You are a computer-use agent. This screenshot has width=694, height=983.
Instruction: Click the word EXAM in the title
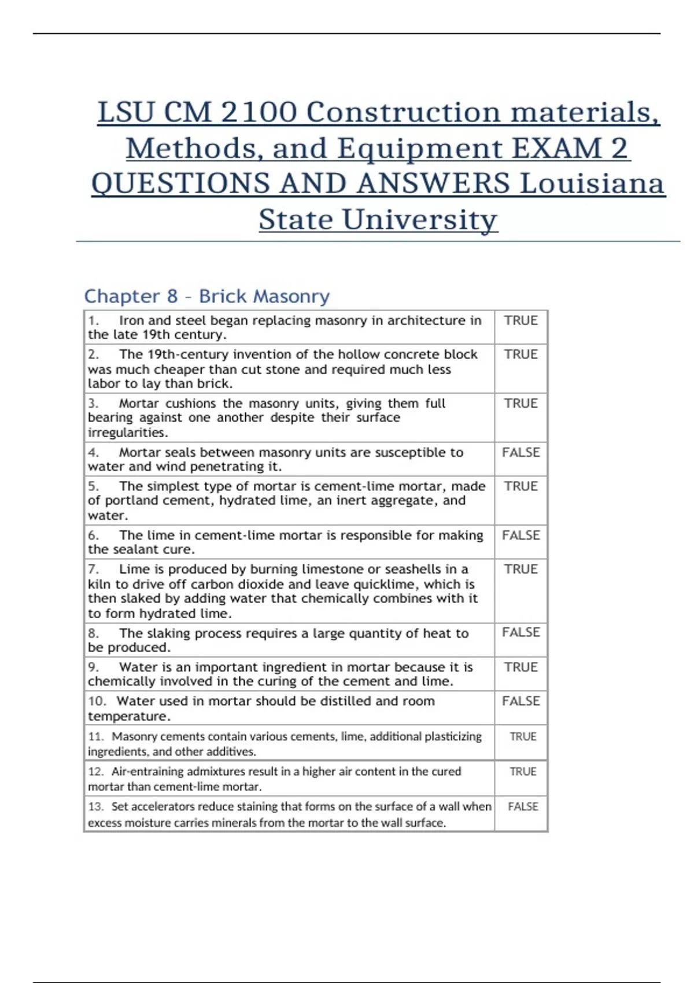[557, 148]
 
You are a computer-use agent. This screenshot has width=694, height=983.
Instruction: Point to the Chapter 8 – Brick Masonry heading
[206, 296]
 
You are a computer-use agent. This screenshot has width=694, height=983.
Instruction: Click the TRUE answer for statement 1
[520, 320]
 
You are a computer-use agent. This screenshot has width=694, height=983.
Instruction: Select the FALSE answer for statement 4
[520, 452]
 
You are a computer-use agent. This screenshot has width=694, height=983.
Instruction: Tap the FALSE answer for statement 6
[520, 535]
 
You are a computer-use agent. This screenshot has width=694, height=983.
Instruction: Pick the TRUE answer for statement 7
[520, 569]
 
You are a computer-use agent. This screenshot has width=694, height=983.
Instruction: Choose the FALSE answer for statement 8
[520, 633]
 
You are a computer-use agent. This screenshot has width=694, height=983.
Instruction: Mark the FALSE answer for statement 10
[520, 701]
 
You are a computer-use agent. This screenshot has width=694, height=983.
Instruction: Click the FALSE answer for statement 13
[523, 807]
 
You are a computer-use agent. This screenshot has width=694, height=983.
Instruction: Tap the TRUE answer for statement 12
[523, 771]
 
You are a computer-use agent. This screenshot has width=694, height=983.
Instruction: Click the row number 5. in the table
[93, 486]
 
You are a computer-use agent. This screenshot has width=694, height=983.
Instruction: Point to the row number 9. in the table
[93, 667]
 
